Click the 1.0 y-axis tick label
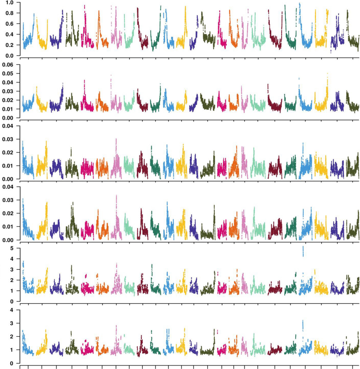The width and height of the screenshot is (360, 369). [9, 2]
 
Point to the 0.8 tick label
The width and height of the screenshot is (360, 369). [9, 13]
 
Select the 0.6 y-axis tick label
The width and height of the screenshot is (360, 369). [9, 24]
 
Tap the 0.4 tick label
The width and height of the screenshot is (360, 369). [9, 34]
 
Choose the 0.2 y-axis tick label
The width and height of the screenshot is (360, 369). [9, 45]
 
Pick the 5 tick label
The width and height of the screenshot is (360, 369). [12, 248]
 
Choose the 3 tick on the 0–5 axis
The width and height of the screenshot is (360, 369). [12, 270]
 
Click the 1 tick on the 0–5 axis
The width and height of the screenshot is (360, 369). [12, 291]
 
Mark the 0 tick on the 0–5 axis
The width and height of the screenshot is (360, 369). [12, 301]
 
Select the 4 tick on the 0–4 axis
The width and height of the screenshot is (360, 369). [12, 310]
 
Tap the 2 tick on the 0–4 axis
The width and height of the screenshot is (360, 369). [12, 336]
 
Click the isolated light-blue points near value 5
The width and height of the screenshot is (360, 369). [304, 251]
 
